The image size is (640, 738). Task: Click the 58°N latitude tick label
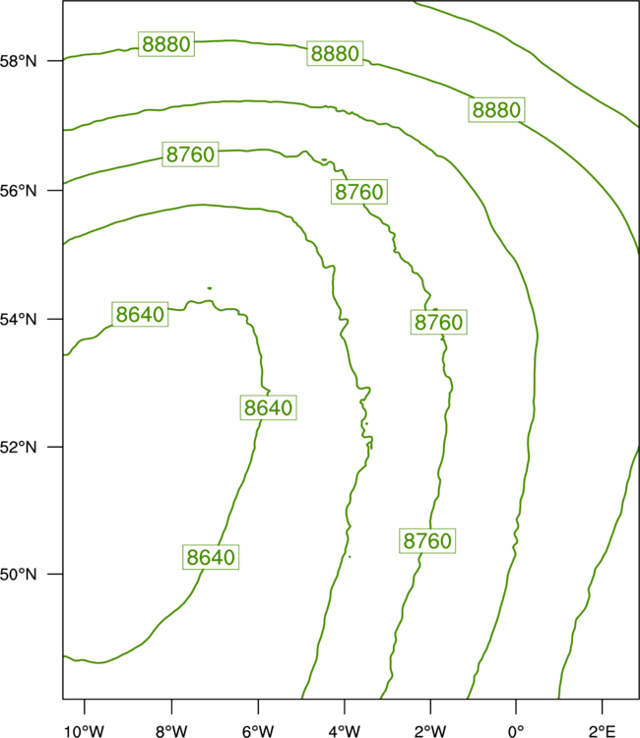[18, 61]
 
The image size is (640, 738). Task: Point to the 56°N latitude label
[18, 191]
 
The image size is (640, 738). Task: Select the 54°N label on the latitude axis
[18, 319]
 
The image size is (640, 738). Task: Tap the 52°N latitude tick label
[18, 447]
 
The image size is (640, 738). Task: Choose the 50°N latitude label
[18, 575]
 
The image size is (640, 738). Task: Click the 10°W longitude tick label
[84, 731]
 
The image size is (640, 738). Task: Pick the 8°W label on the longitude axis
[171, 731]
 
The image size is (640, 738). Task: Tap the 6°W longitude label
[258, 731]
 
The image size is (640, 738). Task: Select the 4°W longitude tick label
[344, 731]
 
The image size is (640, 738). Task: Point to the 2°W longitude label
[430, 731]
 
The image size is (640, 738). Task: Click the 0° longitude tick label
[516, 731]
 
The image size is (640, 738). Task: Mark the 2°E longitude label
[602, 731]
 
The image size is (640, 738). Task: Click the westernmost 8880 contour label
[166, 44]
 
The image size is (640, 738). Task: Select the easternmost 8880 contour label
[496, 109]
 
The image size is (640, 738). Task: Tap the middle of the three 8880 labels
[335, 53]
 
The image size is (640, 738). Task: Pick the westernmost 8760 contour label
[190, 154]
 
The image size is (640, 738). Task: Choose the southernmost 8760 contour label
[427, 541]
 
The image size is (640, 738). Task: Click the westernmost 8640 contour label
[140, 314]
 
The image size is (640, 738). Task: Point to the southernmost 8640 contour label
[211, 557]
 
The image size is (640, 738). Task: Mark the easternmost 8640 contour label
[269, 407]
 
